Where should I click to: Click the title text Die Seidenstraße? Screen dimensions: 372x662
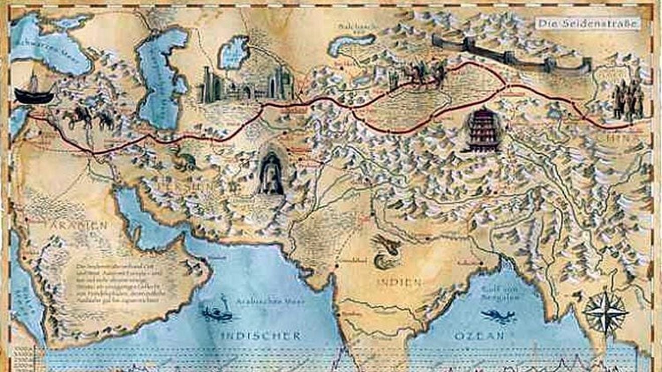588,23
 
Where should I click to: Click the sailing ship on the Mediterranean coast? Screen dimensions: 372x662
34,92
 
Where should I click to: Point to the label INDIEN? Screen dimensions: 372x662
399,282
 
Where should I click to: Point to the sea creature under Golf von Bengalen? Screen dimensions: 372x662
498,316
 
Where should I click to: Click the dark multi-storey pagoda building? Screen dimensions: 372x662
482,130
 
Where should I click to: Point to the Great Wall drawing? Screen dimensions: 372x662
512,54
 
